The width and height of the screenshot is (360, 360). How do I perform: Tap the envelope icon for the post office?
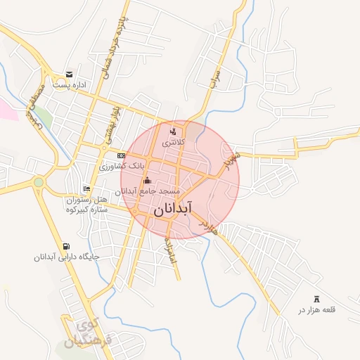[68, 74]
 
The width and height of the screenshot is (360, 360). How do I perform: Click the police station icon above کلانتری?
[174, 131]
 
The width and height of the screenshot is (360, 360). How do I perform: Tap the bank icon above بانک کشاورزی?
[122, 155]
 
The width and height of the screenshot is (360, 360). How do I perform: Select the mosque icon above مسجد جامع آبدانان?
[147, 180]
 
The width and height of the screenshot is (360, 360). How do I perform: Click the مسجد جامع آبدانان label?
[150, 191]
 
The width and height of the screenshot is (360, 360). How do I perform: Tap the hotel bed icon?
[86, 188]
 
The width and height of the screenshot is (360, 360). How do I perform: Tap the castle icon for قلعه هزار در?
[316, 298]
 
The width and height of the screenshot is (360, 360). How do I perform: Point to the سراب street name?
[215, 78]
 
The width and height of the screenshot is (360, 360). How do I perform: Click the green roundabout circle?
[39, 182]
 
